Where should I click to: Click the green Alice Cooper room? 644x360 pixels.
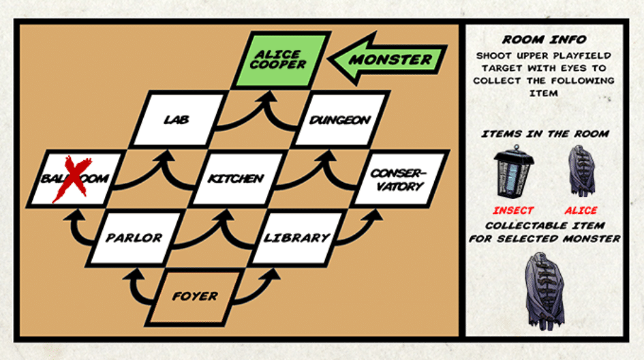[281, 60]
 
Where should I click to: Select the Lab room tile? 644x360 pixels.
[177, 119]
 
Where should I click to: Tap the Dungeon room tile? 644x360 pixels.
[340, 119]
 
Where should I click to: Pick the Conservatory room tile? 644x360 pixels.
[399, 179]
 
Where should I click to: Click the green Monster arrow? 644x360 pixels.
[388, 59]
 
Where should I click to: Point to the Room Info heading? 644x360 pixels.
[545, 40]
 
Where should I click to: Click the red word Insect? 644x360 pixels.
[513, 211]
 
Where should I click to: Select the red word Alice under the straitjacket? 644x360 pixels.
[581, 211]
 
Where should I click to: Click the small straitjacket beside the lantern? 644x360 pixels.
[581, 171]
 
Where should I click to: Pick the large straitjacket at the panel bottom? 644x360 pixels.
[545, 291]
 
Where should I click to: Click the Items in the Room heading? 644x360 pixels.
[545, 134]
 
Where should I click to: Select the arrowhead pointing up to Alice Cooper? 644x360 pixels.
[269, 97]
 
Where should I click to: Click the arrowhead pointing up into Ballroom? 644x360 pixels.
[76, 215]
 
